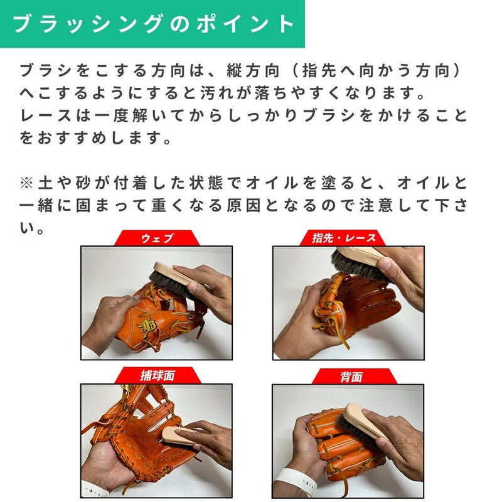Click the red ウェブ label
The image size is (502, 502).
click(x=157, y=238)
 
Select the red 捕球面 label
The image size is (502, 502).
click(x=158, y=375)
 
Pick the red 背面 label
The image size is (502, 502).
click(x=351, y=376)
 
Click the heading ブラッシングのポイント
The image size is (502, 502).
click(x=153, y=24)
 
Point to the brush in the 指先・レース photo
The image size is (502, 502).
click(x=358, y=262)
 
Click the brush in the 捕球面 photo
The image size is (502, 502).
click(x=179, y=436)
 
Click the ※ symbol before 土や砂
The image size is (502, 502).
click(x=26, y=183)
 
